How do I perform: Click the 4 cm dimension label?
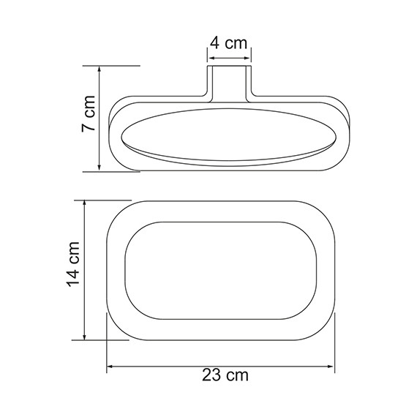228,42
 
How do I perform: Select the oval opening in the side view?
228,137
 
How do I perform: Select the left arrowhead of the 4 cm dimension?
209,53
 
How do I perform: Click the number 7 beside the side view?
88,127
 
